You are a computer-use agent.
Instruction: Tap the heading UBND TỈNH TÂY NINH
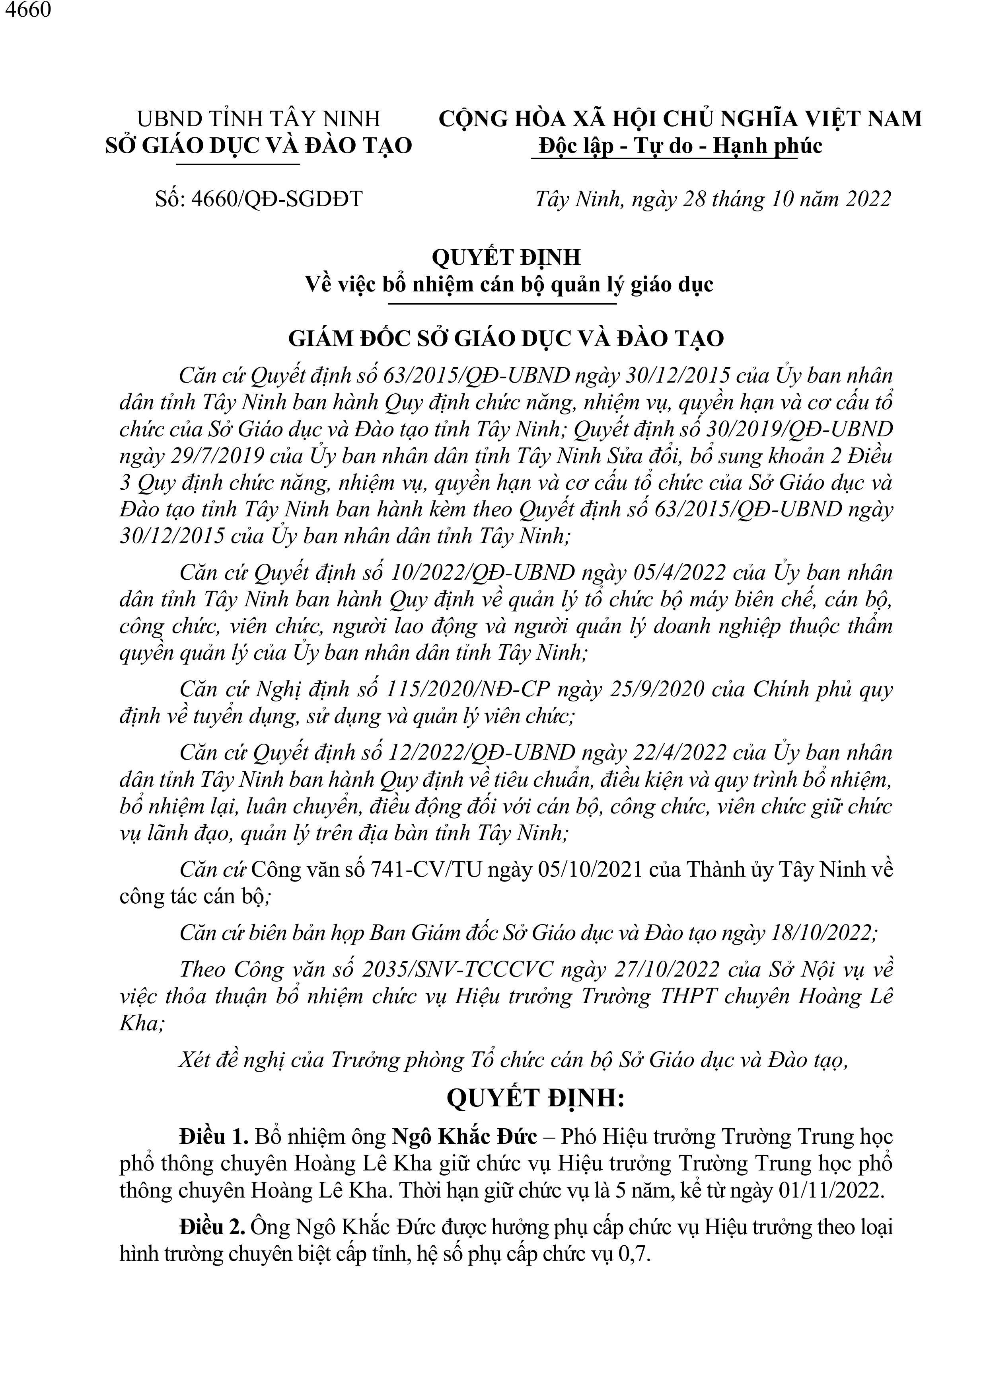(x=259, y=118)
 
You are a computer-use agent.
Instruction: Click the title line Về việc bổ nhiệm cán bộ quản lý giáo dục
(x=508, y=285)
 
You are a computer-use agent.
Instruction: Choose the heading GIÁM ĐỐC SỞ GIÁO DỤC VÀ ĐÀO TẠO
(x=506, y=338)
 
